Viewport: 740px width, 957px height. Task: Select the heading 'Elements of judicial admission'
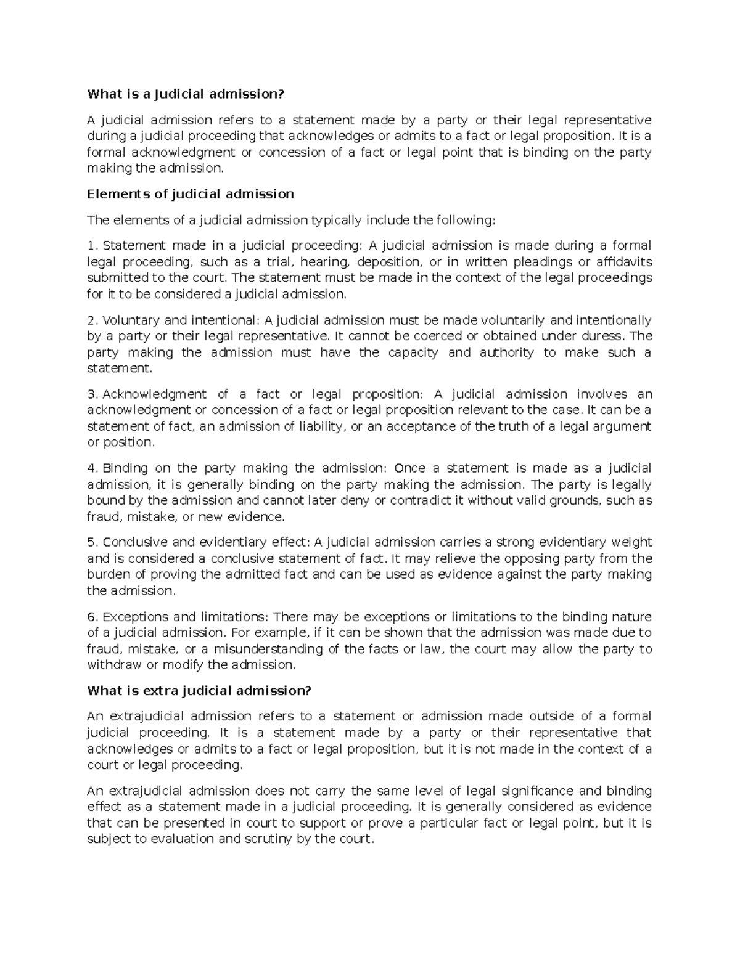tap(191, 194)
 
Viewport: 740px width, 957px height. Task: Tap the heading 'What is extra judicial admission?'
tap(199, 691)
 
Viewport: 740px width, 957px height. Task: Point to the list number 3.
tap(92, 394)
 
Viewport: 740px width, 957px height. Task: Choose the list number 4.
tap(92, 468)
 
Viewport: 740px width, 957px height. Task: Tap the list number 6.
tap(92, 617)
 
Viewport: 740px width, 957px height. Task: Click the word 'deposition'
tap(388, 262)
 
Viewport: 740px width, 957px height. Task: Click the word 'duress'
tap(602, 336)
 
